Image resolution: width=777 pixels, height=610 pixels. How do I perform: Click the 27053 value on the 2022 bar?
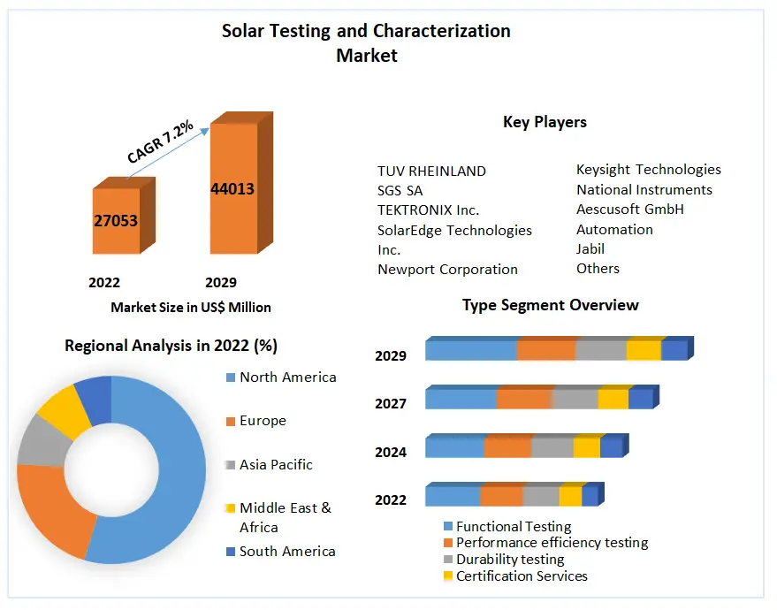coord(116,220)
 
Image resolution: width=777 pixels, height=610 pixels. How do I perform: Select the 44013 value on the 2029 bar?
coord(232,188)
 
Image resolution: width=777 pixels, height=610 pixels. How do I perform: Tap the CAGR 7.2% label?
coord(160,141)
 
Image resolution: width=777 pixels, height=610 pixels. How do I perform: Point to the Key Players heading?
coord(545,122)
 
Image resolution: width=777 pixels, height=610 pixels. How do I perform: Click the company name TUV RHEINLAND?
coord(431,171)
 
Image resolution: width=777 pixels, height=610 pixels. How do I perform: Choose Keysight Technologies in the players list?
coord(648,169)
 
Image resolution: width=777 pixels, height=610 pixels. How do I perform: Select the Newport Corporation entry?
coord(447,269)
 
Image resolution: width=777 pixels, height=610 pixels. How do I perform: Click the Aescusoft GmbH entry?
coord(630,210)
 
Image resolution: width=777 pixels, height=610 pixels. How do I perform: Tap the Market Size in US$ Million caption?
coord(191,308)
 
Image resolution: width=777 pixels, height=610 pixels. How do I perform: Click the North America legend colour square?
coord(231,377)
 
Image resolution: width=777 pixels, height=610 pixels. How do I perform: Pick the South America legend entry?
coord(287,551)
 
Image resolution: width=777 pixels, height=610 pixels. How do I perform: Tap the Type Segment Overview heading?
coord(550,305)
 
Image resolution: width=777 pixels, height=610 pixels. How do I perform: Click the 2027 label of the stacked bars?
coord(391,404)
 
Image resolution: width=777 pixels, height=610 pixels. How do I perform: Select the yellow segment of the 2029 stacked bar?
coord(644,350)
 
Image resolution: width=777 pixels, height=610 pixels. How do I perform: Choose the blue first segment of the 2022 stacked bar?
coord(453,496)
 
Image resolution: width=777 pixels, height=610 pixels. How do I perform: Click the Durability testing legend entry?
coord(510,559)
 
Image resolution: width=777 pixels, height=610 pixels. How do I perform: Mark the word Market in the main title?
coord(366,55)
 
